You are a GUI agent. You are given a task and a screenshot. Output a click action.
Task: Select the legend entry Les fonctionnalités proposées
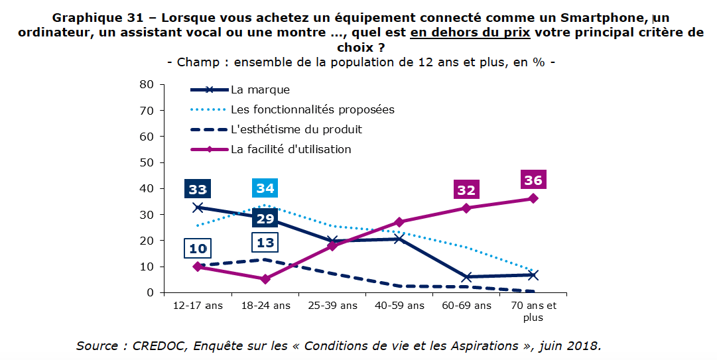click(312, 109)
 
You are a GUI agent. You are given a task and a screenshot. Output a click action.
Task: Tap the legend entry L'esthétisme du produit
click(296, 129)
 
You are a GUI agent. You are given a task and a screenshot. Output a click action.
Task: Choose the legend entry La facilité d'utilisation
click(291, 149)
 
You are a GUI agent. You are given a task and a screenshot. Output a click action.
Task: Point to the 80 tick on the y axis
click(146, 84)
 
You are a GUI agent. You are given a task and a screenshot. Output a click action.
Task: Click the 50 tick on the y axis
click(146, 162)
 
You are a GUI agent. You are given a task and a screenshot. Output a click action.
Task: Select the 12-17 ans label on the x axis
click(197, 306)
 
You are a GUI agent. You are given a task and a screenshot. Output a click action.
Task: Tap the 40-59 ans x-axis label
click(399, 306)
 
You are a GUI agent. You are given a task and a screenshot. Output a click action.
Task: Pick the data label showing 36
click(533, 180)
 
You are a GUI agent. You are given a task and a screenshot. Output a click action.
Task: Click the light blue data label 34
click(265, 188)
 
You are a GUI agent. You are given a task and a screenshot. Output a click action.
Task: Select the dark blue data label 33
click(197, 190)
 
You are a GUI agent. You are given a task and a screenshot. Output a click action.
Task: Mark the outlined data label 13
click(265, 243)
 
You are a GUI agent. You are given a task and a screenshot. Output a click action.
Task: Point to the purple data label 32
click(466, 190)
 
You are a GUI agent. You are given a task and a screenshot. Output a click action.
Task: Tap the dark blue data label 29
click(265, 219)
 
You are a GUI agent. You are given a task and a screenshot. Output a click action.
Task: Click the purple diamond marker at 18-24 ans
click(265, 279)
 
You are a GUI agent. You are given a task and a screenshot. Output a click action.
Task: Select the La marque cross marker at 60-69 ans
click(466, 277)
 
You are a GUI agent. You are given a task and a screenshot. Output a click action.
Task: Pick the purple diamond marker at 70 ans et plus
click(533, 198)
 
